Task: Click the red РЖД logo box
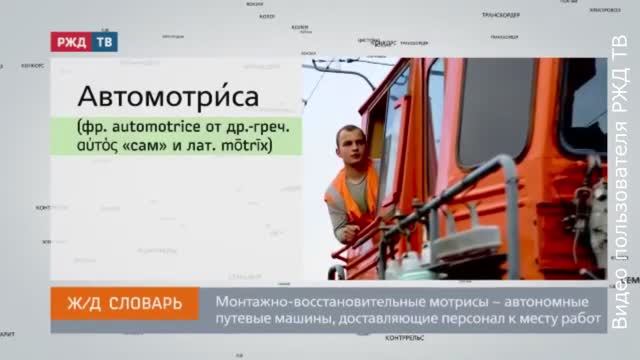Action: [x=72, y=43]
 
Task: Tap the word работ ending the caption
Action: [x=586, y=320]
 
